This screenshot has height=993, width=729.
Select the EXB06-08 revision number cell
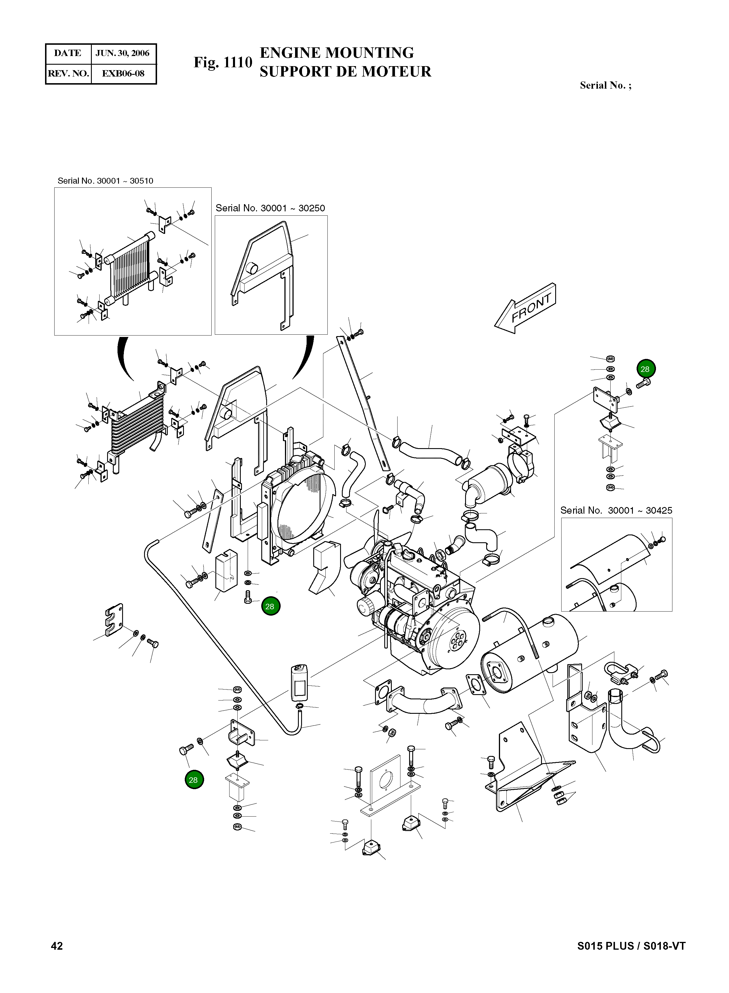[x=123, y=73]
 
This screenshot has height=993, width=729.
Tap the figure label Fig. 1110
[x=223, y=63]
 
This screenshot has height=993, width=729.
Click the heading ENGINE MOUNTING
[x=337, y=53]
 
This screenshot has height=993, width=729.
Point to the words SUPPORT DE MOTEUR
[x=345, y=72]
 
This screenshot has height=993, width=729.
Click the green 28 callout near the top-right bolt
[x=645, y=369]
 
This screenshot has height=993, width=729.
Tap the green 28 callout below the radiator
[x=270, y=606]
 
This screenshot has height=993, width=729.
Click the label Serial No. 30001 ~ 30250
[x=270, y=208]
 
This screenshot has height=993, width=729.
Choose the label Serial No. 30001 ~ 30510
[x=105, y=181]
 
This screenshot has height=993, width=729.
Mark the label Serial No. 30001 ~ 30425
[x=616, y=511]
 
